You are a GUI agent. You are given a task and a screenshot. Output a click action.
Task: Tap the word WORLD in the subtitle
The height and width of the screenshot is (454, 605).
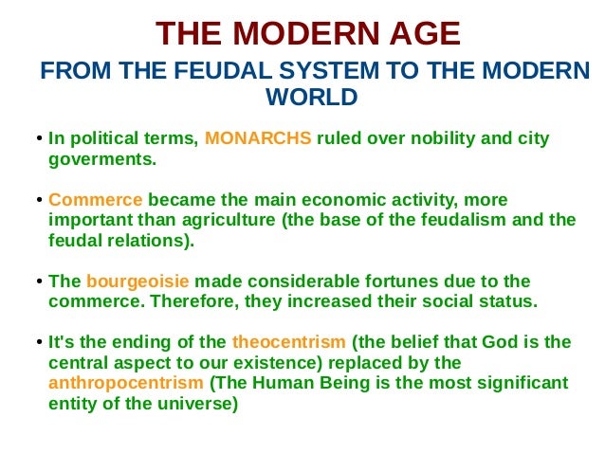click(312, 97)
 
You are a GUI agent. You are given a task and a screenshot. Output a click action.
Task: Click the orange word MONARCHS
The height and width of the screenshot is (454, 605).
click(258, 139)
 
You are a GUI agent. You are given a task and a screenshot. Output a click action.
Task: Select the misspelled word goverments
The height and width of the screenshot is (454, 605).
click(101, 159)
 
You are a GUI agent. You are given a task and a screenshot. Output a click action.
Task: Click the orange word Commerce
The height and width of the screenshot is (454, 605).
click(95, 200)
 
